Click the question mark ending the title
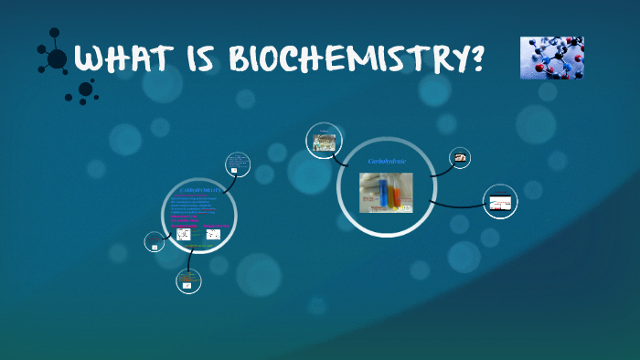[473, 60]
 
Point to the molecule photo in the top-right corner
[552, 58]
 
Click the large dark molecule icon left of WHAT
[55, 58]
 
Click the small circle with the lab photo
[323, 142]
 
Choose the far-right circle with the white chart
[499, 202]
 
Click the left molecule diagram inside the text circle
[184, 234]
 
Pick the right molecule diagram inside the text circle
[213, 234]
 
